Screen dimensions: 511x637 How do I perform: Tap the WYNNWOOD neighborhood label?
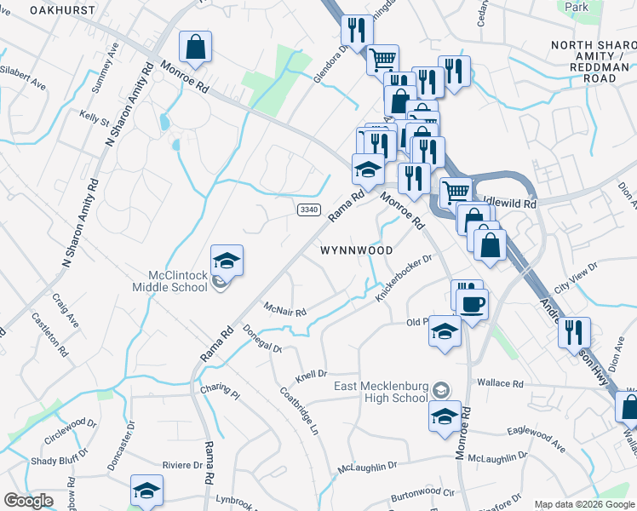[x=357, y=251]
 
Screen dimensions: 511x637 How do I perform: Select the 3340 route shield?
[x=309, y=210]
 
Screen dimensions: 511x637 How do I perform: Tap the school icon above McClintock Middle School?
[x=227, y=260]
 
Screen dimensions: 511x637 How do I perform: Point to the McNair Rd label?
[x=284, y=309]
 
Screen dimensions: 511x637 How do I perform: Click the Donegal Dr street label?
[x=261, y=338]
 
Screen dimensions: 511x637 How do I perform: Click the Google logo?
[x=29, y=501]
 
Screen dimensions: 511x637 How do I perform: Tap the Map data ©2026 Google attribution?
[x=583, y=504]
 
